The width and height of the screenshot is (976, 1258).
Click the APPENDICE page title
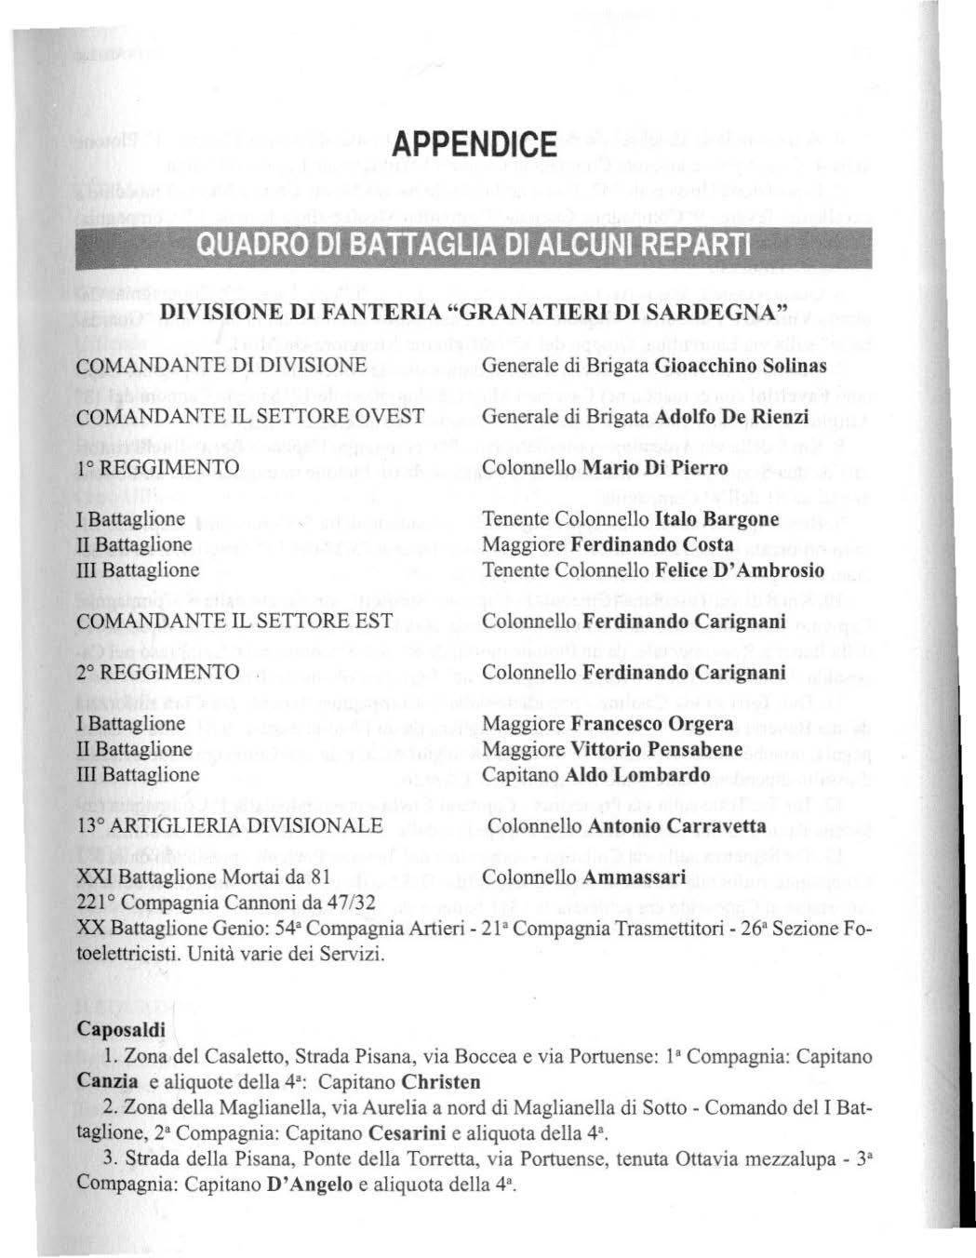(x=474, y=145)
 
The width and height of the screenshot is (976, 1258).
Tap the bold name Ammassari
(x=635, y=877)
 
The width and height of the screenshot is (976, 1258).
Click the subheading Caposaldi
(x=121, y=1030)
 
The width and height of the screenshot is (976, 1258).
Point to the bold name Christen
(x=442, y=1082)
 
